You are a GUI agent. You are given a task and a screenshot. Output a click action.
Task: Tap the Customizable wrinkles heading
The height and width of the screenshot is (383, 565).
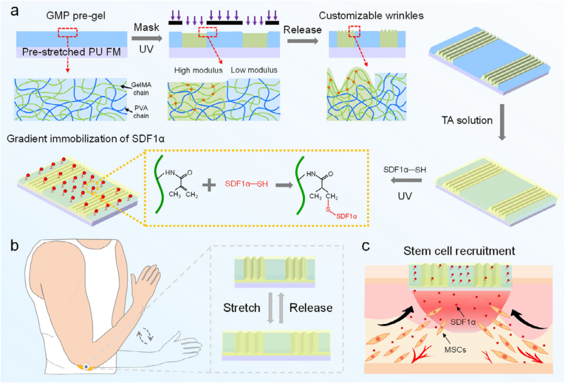tap(374, 16)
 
